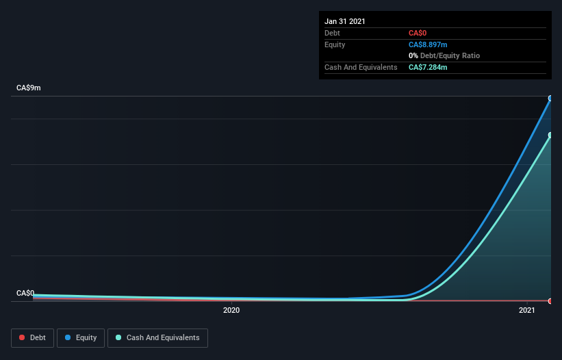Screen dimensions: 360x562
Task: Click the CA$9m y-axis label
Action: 29,88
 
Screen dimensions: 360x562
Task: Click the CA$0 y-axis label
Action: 25,293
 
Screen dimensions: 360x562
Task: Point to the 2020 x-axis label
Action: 231,311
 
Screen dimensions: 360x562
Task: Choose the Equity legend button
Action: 81,337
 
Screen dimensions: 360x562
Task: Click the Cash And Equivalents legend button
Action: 157,337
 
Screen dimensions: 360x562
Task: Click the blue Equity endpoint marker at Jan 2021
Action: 550,98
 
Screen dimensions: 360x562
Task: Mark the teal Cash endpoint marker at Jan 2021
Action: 550,135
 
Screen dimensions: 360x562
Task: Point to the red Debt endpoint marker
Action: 550,301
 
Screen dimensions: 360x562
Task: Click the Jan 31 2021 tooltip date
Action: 345,21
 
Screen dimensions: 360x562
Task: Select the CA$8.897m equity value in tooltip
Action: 428,44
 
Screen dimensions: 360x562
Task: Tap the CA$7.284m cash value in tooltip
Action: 428,67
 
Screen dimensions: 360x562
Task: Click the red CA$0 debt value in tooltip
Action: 418,33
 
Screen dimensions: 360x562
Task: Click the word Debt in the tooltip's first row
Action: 332,33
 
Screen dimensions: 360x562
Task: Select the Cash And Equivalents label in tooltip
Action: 361,67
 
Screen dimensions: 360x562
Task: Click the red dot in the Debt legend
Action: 23,337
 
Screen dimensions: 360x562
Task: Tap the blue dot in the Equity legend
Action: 69,337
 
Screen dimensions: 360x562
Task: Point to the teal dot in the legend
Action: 119,337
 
